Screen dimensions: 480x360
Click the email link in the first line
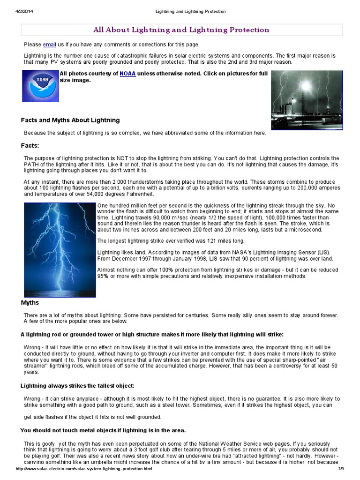tap(49, 45)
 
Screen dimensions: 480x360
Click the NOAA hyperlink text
tap(127, 74)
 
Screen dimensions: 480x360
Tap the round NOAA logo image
tap(40, 86)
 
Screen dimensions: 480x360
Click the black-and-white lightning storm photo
tap(307, 100)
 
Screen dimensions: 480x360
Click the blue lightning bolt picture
tap(60, 249)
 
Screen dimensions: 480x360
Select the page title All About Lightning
tap(181, 30)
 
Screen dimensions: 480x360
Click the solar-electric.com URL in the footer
tap(84, 469)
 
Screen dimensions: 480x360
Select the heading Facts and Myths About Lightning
tap(70, 120)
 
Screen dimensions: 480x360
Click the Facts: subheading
tap(30, 145)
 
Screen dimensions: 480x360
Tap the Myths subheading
tap(30, 303)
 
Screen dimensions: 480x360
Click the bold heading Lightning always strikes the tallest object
tap(77, 386)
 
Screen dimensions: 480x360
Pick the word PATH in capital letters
tap(32, 164)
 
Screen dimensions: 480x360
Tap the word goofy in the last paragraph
tap(43, 443)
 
